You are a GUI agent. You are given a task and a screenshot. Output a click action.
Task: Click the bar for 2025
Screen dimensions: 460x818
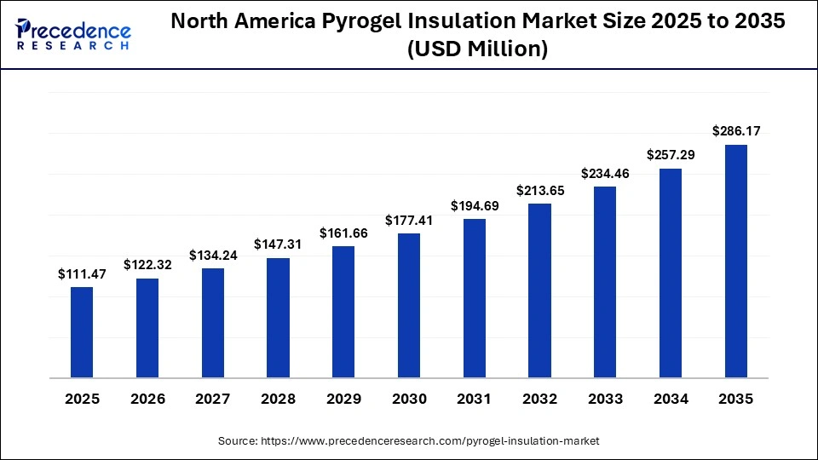(82, 332)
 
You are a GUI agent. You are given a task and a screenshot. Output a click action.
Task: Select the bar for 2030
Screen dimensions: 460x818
(409, 305)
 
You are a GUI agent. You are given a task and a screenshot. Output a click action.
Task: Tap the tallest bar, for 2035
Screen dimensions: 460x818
(736, 261)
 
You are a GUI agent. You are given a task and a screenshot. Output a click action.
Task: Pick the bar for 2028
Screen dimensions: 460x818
(278, 318)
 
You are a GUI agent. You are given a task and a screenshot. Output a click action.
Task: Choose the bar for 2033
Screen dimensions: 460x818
(605, 282)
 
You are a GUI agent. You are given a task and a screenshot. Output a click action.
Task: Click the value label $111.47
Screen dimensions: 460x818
(82, 273)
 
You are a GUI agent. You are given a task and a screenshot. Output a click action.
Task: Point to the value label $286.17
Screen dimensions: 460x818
(736, 131)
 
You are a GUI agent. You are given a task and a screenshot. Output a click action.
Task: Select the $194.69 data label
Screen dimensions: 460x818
(475, 205)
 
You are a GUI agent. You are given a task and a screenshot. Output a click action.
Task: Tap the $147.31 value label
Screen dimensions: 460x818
(278, 244)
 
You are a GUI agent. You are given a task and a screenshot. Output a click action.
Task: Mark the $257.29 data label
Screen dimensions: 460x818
(671, 155)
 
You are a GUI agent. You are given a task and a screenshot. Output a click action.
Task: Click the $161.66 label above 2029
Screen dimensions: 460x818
(343, 233)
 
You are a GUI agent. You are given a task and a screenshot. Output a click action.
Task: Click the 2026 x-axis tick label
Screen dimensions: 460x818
(147, 399)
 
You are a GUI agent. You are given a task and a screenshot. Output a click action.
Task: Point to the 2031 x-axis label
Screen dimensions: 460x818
(475, 399)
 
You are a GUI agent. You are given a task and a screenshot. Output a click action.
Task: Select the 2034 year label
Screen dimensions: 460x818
(671, 399)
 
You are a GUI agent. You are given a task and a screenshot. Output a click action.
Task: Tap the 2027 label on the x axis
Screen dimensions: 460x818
(213, 399)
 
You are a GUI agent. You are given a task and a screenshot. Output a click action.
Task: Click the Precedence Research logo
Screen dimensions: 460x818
(73, 34)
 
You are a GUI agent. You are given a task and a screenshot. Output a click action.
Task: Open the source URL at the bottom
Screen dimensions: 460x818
(409, 440)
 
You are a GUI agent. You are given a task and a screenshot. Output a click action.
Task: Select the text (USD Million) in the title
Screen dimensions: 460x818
(477, 50)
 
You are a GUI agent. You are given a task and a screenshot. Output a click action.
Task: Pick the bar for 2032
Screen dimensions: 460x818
(540, 290)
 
